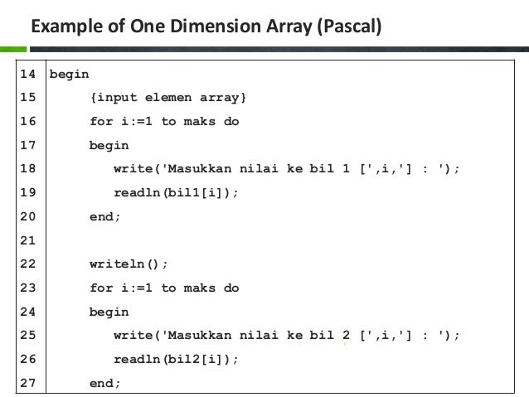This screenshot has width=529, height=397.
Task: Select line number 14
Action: pyautogui.click(x=27, y=75)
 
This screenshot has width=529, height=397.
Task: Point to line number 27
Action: pyautogui.click(x=27, y=383)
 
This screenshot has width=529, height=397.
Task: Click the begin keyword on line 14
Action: pyautogui.click(x=70, y=75)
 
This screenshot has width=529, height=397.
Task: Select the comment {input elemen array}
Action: pyautogui.click(x=168, y=99)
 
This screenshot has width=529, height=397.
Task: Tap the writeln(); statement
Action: pyautogui.click(x=129, y=265)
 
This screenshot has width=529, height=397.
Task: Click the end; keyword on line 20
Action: pyautogui.click(x=105, y=217)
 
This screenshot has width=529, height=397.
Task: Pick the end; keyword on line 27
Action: pyautogui.click(x=105, y=383)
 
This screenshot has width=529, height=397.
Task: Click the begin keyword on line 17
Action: pyautogui.click(x=109, y=146)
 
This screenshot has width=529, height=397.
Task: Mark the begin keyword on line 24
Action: pyautogui.click(x=109, y=312)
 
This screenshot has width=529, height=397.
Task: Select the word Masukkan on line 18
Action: pyautogui.click(x=204, y=170)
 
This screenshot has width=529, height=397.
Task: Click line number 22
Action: pyautogui.click(x=27, y=265)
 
